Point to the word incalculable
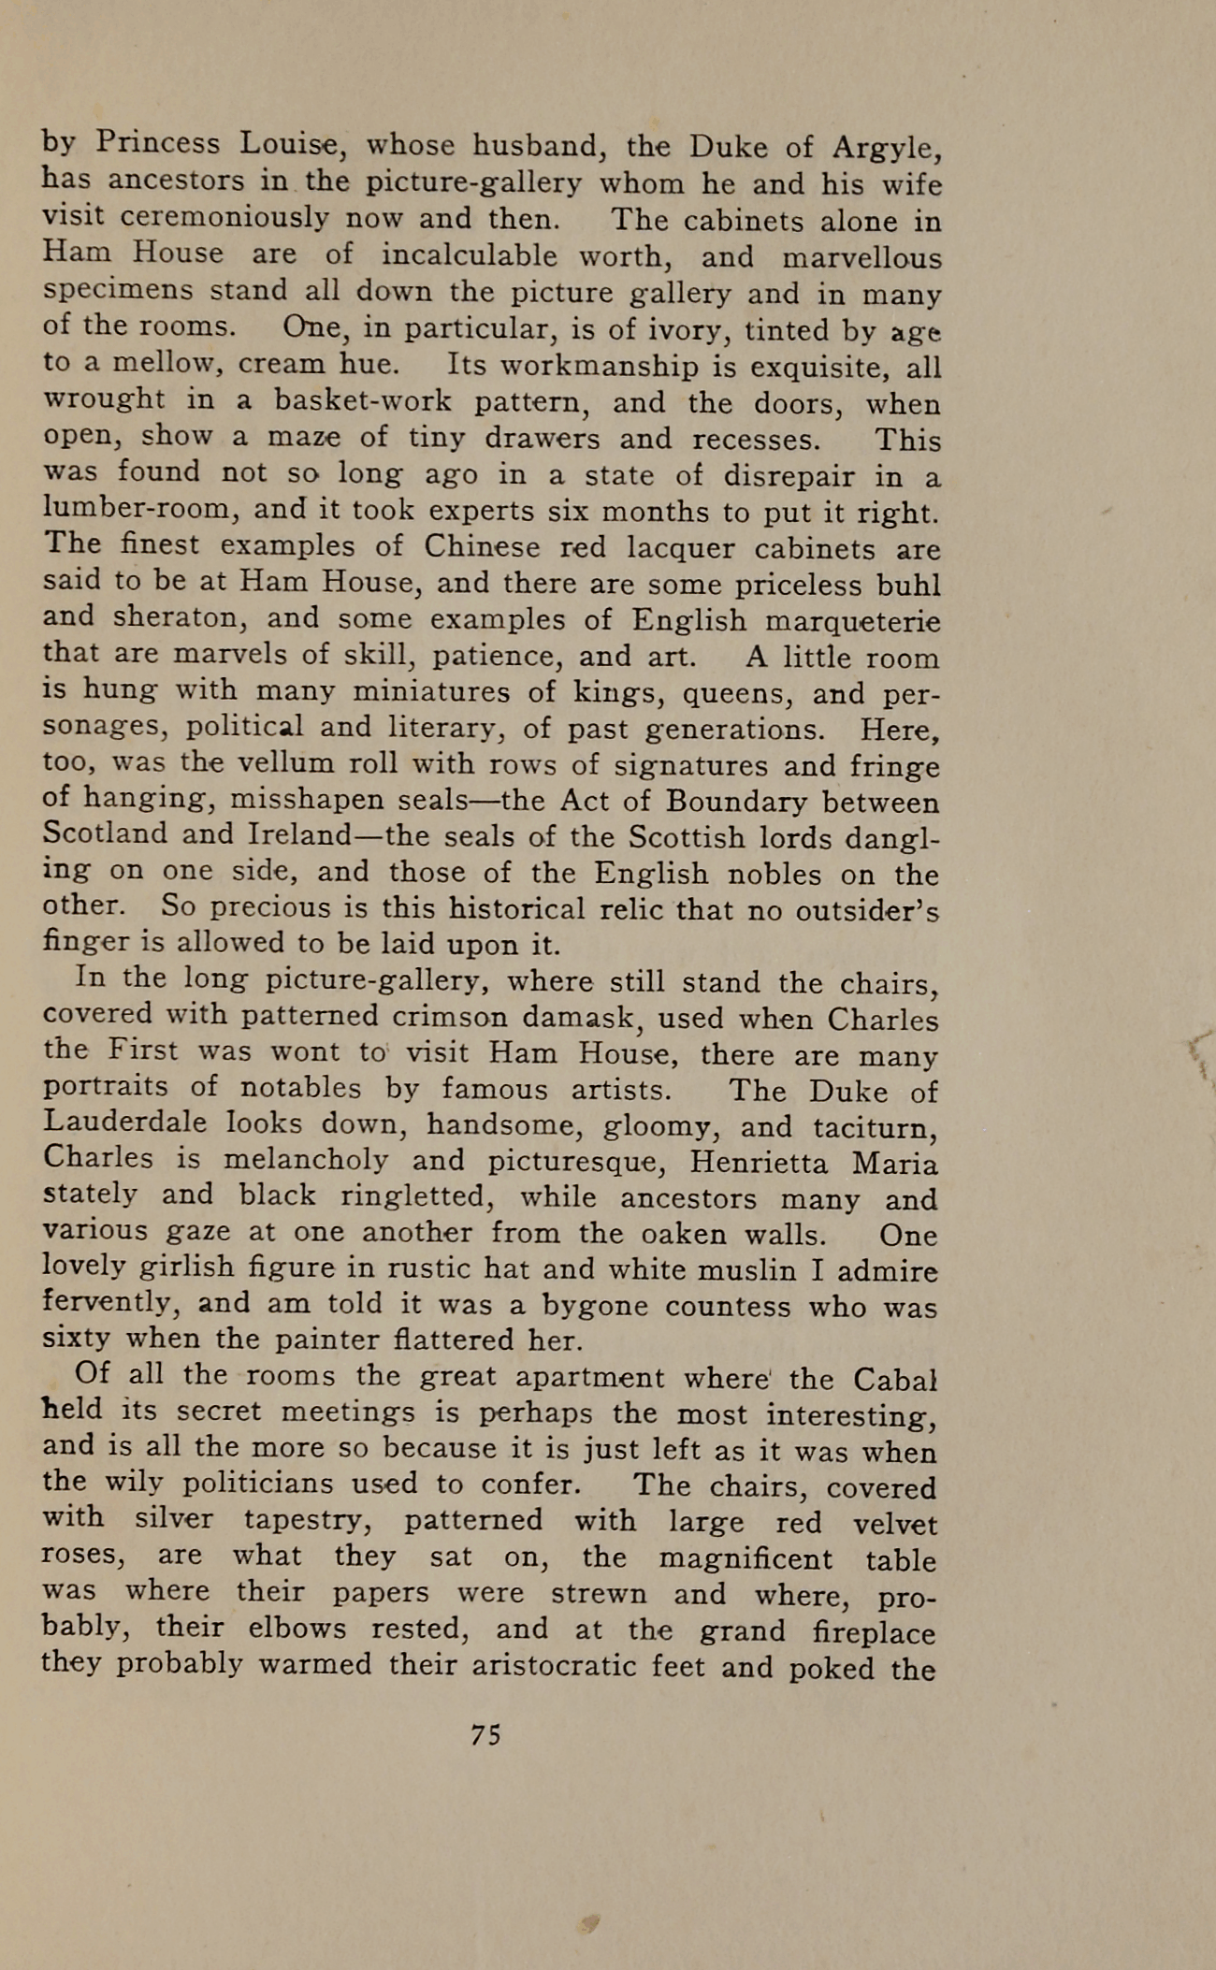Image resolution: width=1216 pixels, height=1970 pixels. click(469, 255)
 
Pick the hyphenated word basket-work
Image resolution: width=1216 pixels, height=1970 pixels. click(363, 401)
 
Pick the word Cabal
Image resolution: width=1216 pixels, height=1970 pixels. click(895, 1379)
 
